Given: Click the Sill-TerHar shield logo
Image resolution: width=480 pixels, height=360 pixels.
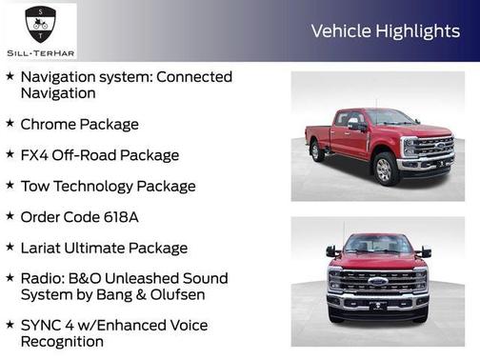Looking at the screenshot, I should (x=38, y=21).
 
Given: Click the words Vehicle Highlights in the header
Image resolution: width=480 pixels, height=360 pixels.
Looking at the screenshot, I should (x=385, y=31).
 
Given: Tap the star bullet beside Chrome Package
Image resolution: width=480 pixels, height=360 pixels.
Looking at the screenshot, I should (x=10, y=123).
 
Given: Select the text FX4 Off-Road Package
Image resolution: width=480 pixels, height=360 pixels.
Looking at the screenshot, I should (x=100, y=154).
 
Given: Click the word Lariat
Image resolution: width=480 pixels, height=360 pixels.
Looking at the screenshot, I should (x=44, y=248).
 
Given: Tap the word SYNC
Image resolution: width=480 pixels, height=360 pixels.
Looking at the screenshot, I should (x=42, y=325).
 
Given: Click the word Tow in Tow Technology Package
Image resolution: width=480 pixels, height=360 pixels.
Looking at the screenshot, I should (x=35, y=186).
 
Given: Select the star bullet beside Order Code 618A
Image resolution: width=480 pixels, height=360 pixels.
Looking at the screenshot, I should (x=10, y=215).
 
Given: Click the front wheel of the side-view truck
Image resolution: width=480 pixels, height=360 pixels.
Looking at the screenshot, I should (x=386, y=170).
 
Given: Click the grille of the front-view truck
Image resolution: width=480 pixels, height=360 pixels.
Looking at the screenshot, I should (x=378, y=280).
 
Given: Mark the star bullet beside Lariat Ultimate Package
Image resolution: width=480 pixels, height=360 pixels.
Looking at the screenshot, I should (x=10, y=247).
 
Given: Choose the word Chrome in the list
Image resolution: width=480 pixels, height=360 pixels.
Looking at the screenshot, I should (x=50, y=124).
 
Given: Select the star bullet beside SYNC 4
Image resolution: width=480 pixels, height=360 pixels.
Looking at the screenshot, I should (x=10, y=324).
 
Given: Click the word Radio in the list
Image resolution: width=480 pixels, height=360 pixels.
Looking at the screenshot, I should (x=43, y=278).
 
